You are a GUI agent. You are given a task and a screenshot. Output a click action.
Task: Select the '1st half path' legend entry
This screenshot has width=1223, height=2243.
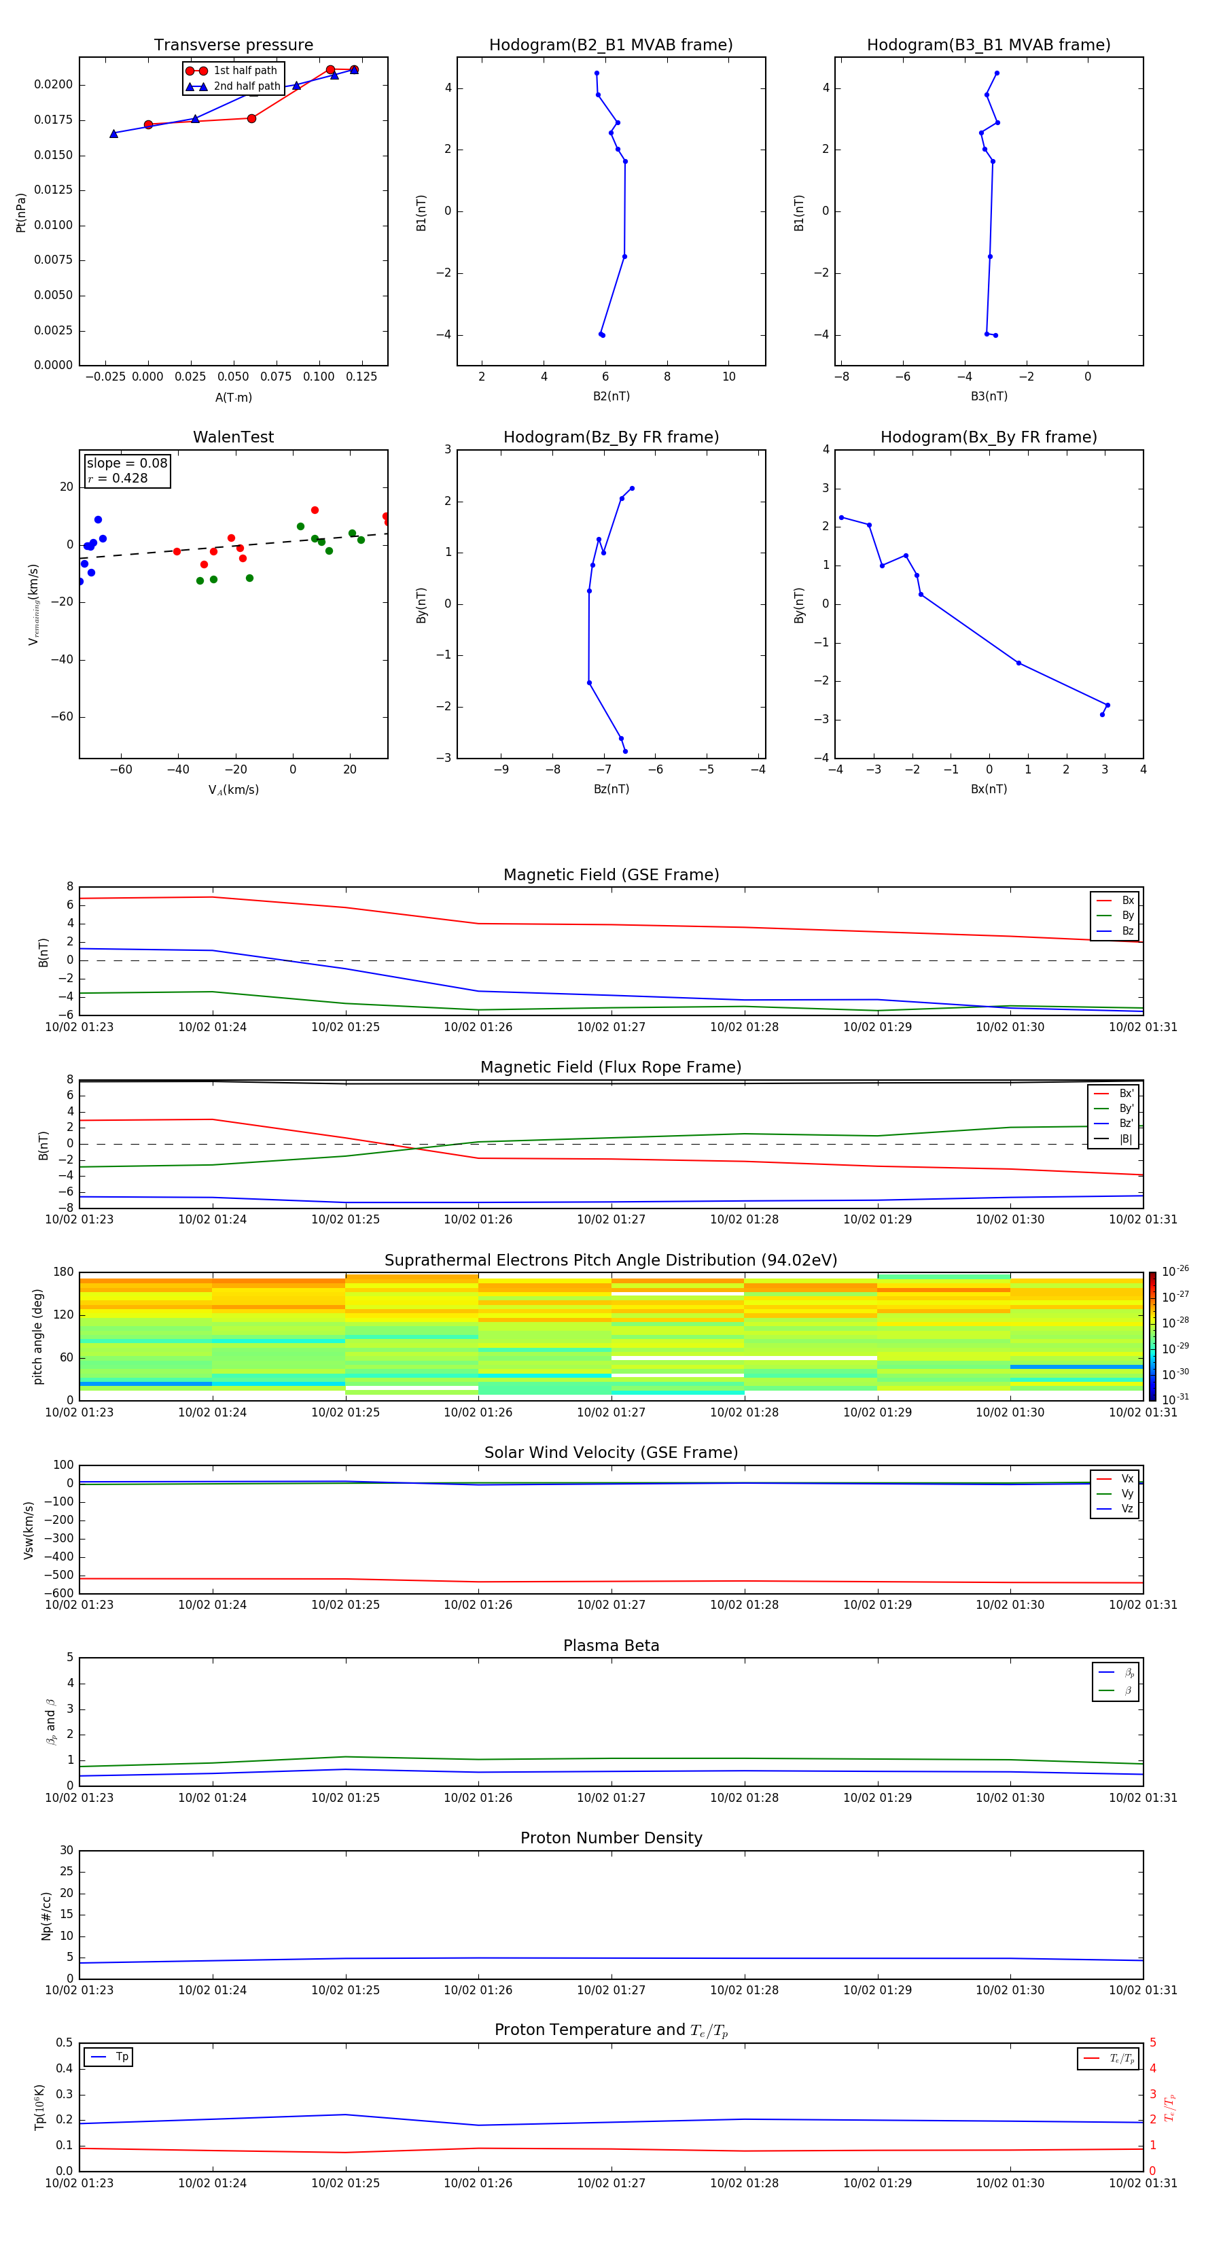[245, 71]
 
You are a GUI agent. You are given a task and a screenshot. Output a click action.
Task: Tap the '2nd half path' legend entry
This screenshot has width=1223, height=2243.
[247, 86]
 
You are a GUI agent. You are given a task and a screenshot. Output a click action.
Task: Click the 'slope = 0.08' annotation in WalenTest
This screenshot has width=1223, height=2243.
[127, 464]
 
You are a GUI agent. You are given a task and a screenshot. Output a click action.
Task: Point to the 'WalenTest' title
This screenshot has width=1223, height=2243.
[233, 437]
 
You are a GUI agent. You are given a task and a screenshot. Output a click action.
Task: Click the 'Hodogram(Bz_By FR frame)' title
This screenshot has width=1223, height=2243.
[611, 437]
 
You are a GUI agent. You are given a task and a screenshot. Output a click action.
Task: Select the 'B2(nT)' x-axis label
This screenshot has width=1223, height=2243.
[611, 396]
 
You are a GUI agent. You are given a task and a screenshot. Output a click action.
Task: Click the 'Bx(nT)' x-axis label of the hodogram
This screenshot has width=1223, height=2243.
[989, 789]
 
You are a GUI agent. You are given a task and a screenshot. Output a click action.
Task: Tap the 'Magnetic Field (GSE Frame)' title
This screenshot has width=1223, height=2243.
[611, 875]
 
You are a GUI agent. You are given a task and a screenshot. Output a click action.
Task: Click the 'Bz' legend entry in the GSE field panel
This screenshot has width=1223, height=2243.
[1127, 931]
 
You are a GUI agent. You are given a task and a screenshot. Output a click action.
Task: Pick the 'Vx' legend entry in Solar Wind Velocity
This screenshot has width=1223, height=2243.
[1127, 1478]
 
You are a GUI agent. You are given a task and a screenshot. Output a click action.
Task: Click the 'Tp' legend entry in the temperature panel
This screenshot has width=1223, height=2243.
[122, 2057]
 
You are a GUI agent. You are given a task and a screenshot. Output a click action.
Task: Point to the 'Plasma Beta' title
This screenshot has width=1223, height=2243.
[611, 1646]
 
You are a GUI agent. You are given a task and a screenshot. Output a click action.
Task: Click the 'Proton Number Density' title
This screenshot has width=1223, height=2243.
[611, 1838]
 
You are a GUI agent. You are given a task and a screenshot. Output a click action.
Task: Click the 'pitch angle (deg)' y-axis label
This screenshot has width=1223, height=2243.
[37, 1336]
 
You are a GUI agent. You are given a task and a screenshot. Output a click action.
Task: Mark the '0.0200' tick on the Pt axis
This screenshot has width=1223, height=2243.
[53, 84]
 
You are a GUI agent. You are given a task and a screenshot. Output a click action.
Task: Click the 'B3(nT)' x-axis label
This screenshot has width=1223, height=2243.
[989, 396]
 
